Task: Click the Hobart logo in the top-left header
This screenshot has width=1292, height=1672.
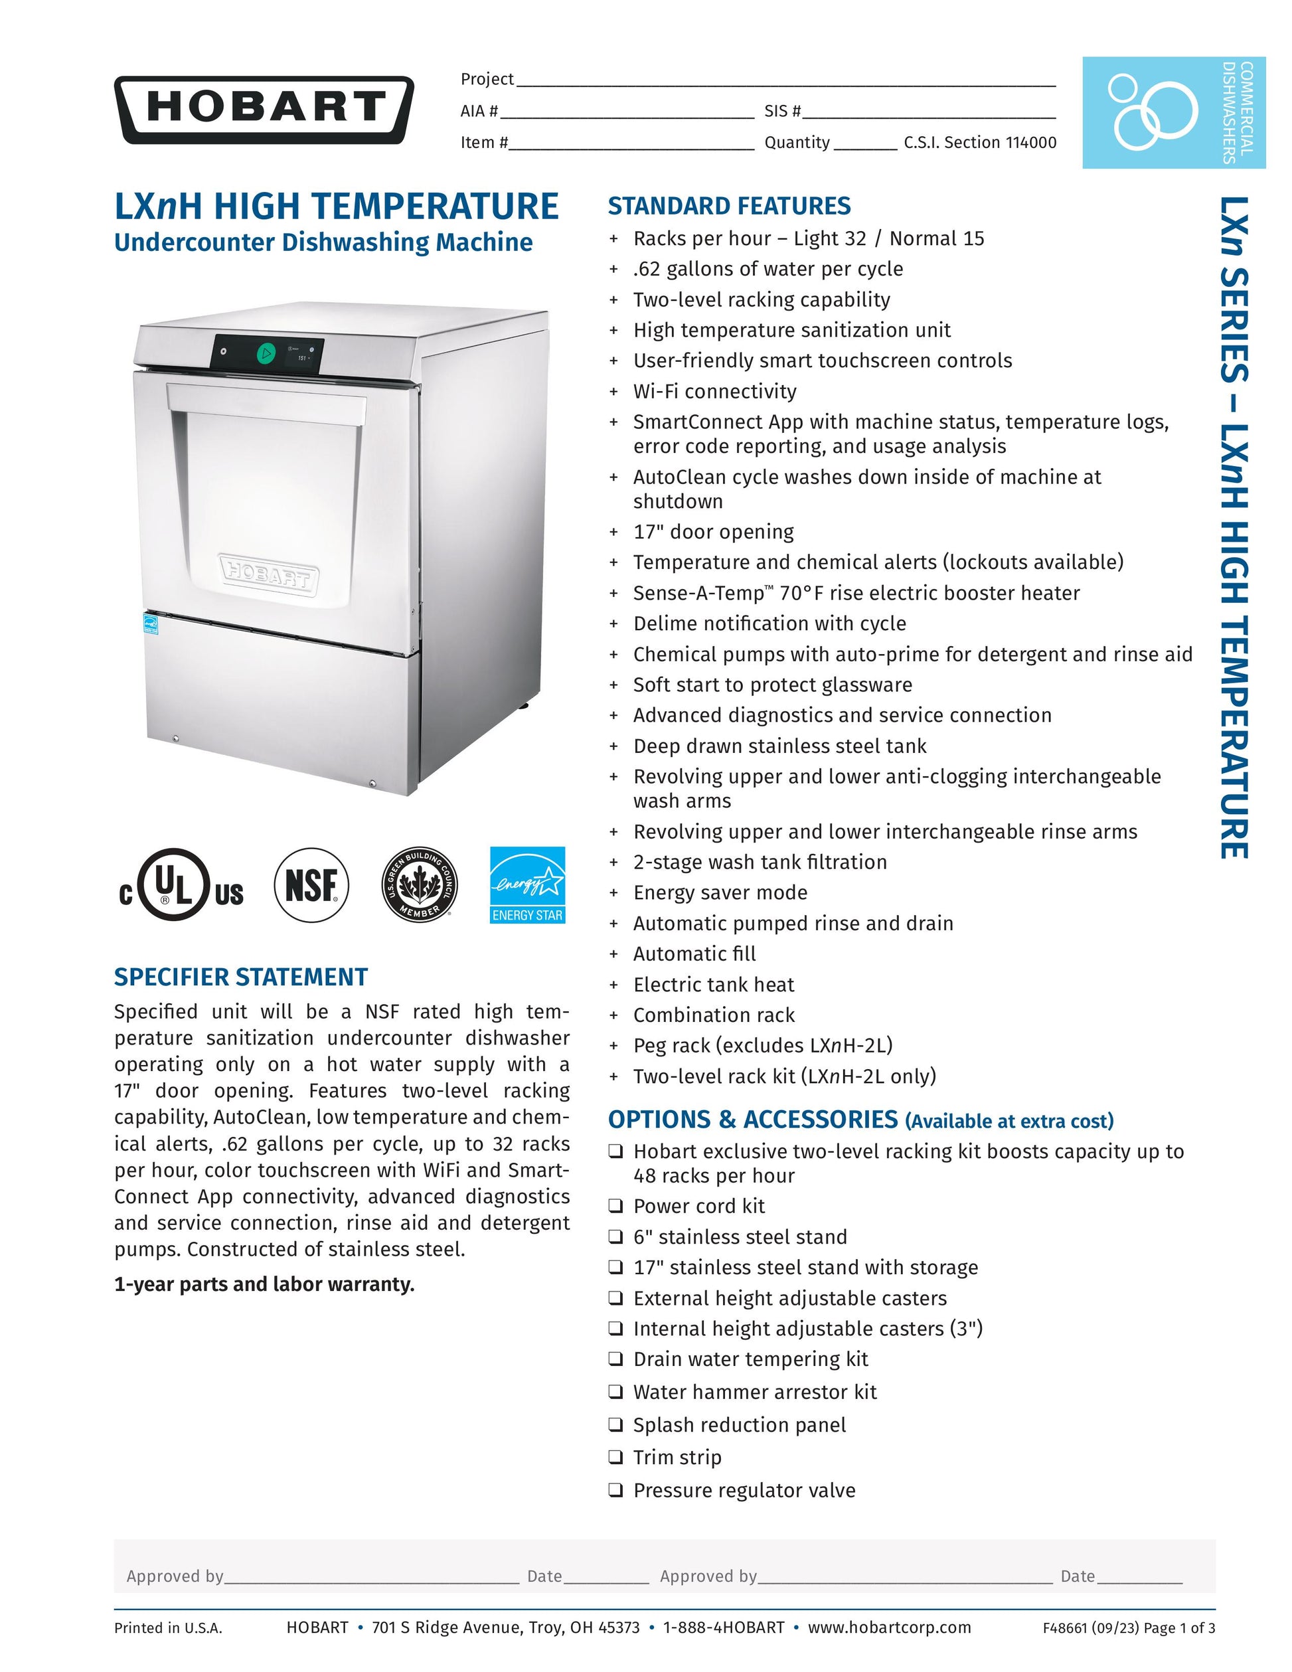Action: point(264,110)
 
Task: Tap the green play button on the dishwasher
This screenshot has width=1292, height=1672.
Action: point(266,354)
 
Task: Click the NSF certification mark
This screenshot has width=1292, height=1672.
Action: point(311,886)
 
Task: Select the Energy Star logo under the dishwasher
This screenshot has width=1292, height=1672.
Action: point(527,885)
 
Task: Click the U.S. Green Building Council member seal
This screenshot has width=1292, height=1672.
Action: point(420,886)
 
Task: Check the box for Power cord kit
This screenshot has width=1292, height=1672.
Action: point(615,1206)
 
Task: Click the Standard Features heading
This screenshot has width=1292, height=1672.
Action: point(729,206)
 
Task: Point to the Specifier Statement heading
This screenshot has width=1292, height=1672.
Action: point(240,977)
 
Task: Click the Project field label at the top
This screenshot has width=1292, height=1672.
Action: point(487,79)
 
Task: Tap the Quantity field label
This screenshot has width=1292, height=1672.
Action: point(797,142)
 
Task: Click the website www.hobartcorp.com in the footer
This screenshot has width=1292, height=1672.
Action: point(890,1627)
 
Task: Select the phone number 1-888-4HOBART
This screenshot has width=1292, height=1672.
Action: point(723,1627)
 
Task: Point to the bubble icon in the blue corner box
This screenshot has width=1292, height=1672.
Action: point(1151,112)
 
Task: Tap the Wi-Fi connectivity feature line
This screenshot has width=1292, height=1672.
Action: point(714,391)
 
